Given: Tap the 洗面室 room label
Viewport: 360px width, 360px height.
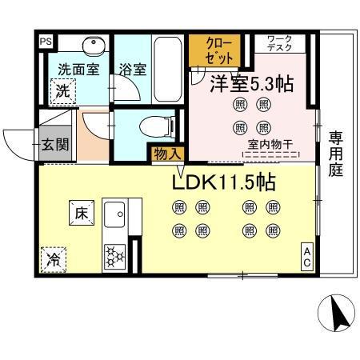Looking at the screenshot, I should click(77, 70).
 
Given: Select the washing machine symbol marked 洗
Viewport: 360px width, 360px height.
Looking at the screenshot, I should click(62, 91).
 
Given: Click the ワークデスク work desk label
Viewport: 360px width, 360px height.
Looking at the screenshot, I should click(279, 43).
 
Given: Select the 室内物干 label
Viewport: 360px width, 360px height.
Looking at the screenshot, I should click(268, 145).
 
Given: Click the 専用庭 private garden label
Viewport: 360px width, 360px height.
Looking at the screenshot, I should click(337, 154).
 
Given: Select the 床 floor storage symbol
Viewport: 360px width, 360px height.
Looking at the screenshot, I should click(82, 213).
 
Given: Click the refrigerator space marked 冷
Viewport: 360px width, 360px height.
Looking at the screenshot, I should click(52, 259).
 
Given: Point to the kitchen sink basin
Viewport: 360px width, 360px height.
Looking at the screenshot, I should click(114, 216).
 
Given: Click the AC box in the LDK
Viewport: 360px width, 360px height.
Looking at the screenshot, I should click(307, 258).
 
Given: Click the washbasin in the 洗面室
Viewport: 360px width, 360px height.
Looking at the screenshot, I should click(94, 43).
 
